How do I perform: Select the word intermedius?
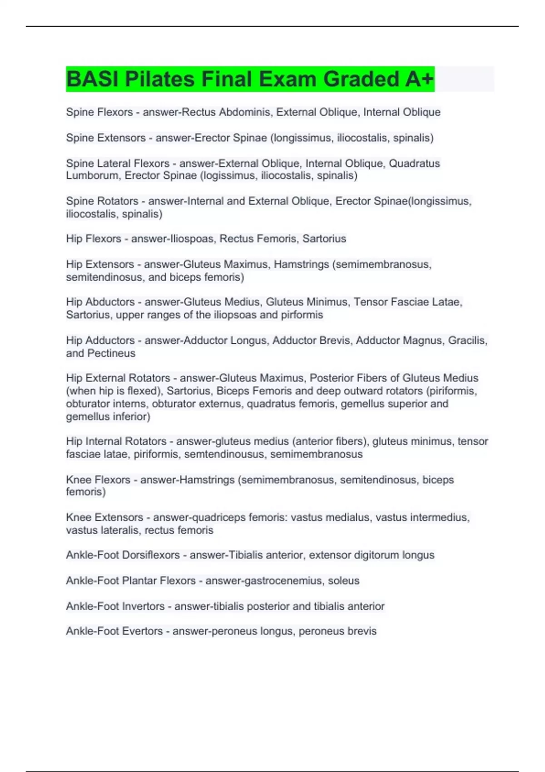436,518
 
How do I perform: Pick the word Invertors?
142,606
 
